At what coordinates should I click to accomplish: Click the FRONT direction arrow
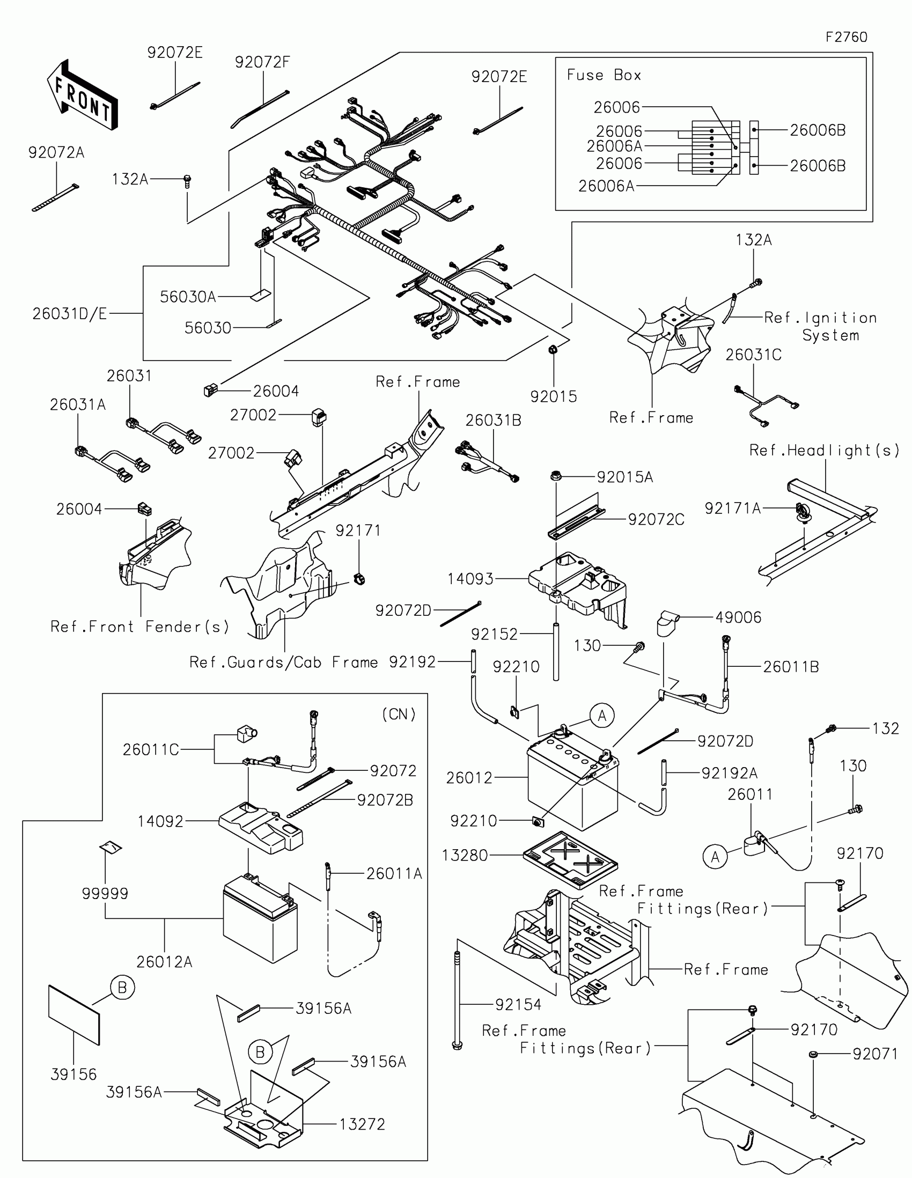pos(82,96)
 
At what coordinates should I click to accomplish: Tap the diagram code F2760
pos(846,37)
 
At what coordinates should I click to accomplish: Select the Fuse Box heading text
pos(604,75)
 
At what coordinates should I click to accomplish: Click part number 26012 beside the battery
pos(469,778)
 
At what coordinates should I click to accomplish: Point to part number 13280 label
pos(465,856)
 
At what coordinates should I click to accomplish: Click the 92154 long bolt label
pos(518,1004)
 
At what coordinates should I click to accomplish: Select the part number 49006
pos(738,617)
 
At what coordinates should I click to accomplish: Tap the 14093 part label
pos(470,579)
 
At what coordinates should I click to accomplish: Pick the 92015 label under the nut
pos(553,397)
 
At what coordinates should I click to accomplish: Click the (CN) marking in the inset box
pos(399,715)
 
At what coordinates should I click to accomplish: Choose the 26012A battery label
pos(164,962)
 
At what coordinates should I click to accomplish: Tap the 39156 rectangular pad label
pos(73,1074)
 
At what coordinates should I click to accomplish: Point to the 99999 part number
pos(105,894)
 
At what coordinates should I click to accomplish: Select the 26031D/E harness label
pos(70,314)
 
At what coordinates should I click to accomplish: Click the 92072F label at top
pos(262,63)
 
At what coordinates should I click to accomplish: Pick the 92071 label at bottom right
pos(875,1054)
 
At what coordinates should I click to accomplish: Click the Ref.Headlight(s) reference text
pos(824,451)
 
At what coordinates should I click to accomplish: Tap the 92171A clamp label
pos(732,508)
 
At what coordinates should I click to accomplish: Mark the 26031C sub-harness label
pos(753,355)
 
